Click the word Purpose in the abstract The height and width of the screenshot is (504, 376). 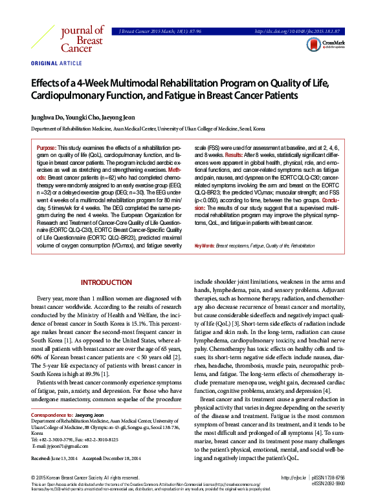click(47, 148)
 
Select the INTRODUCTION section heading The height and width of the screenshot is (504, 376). click(105, 282)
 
